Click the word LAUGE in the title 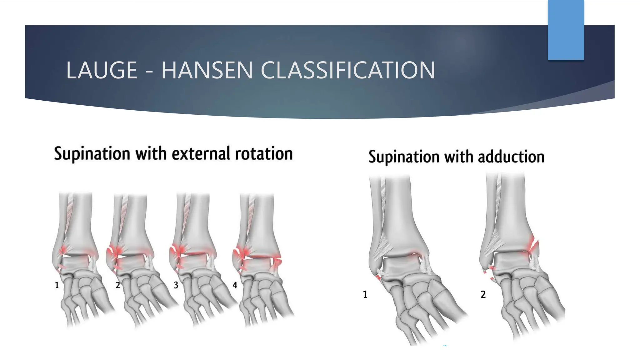click(102, 70)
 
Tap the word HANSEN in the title click(207, 70)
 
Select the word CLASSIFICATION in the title click(348, 70)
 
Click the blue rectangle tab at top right click(566, 30)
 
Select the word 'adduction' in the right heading click(511, 157)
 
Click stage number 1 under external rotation click(57, 285)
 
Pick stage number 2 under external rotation click(118, 285)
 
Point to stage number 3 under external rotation click(176, 285)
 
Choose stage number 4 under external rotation click(235, 285)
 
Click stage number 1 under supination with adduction click(365, 294)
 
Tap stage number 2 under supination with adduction click(483, 294)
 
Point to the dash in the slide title click(149, 71)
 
